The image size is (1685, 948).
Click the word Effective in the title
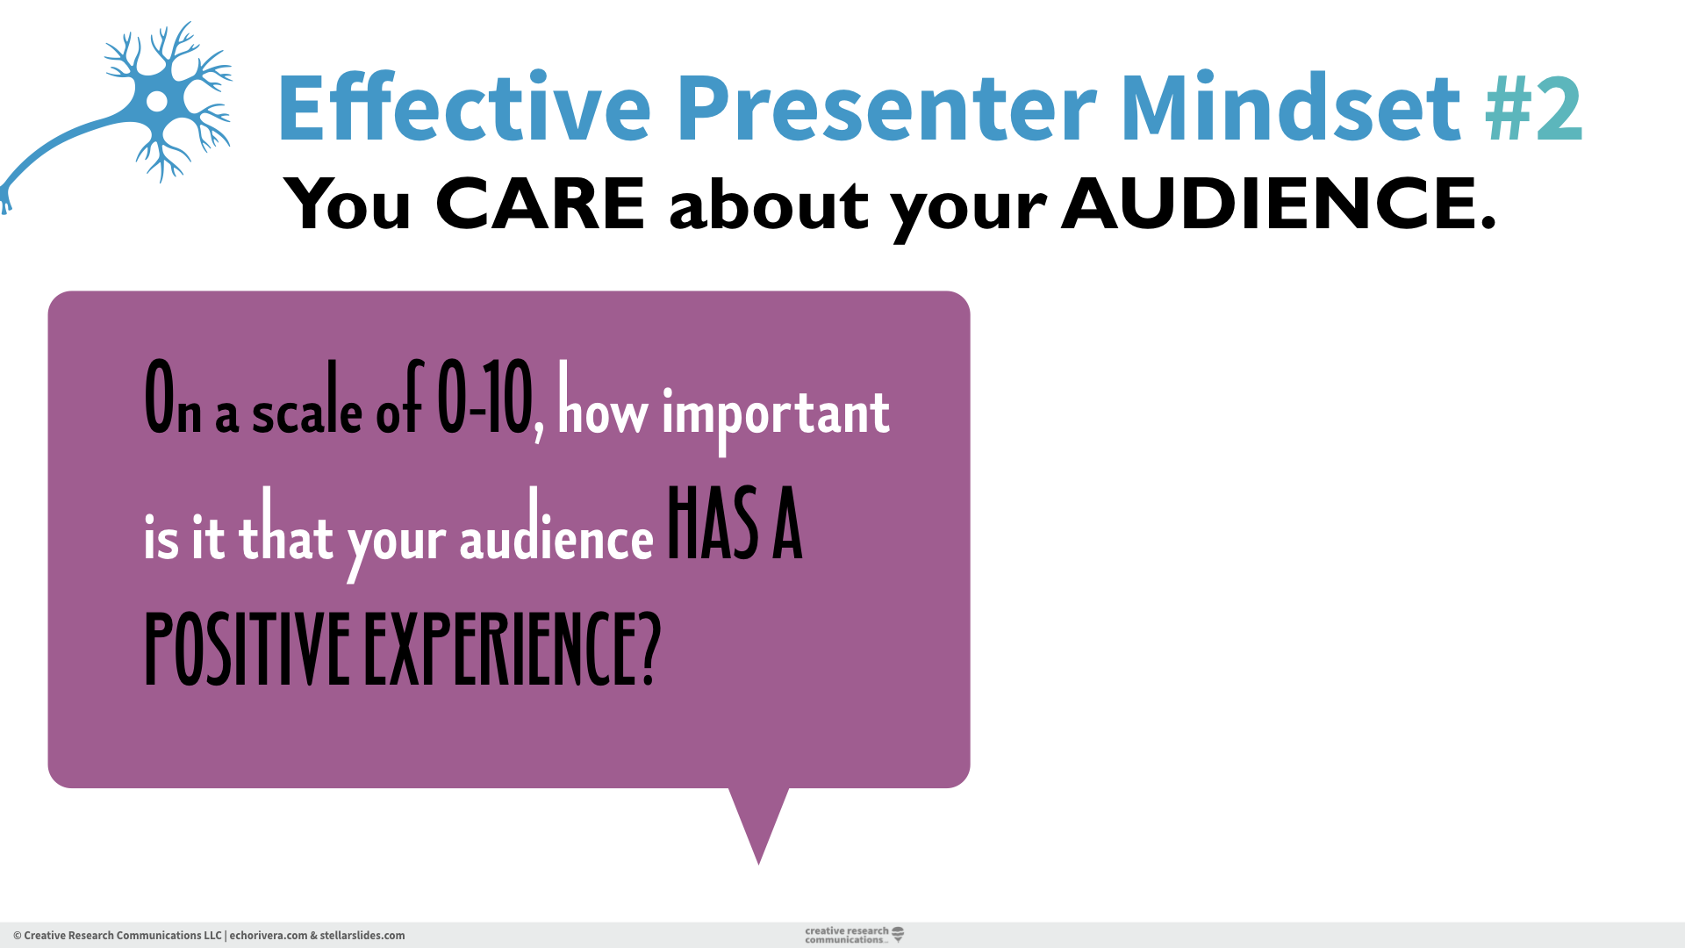point(463,109)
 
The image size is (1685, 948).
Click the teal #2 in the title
point(1534,109)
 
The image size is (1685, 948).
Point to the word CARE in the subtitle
point(540,204)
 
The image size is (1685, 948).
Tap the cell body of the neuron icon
point(157,101)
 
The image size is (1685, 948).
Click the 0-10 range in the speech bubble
point(485,400)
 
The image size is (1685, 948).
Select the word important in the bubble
point(776,413)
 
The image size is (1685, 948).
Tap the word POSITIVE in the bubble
point(247,650)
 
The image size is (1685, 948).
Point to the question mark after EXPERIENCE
point(650,650)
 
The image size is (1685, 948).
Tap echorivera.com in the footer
point(269,936)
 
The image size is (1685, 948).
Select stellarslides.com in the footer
point(362,936)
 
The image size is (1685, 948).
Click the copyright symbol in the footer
point(18,936)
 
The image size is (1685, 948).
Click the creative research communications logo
point(853,935)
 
